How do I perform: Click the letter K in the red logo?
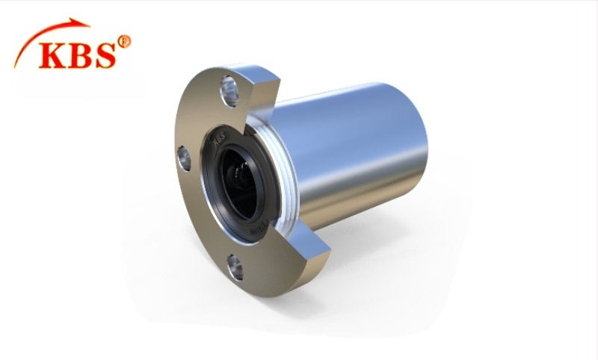click(x=54, y=55)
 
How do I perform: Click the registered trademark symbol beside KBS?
click(x=124, y=42)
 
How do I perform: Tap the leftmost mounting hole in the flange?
click(x=183, y=157)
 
